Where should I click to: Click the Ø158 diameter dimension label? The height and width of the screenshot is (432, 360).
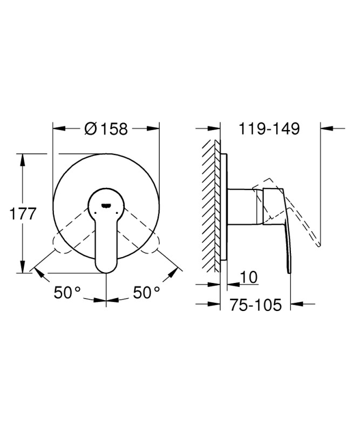coord(106,129)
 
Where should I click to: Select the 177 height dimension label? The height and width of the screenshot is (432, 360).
coord(23,214)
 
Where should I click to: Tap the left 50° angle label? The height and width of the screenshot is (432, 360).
coord(67,292)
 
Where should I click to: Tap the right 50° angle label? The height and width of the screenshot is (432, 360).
coord(146,292)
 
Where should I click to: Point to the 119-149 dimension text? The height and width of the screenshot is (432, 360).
coord(269,129)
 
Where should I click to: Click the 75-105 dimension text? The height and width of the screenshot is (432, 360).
coord(256,305)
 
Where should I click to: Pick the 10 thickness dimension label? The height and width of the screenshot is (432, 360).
coord(249,277)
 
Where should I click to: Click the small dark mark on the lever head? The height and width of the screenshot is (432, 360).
coord(106,205)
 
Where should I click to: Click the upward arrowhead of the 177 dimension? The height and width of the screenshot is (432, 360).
coord(23,160)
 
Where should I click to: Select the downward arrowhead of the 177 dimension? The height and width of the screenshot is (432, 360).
coord(23,267)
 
